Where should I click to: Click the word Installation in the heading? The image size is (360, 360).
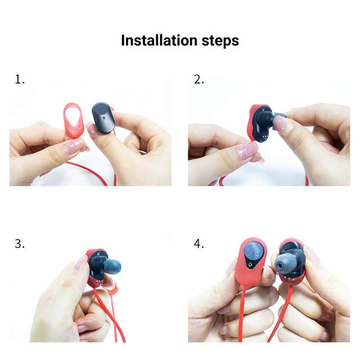tap(159, 40)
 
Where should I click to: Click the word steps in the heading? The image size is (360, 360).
tap(220, 41)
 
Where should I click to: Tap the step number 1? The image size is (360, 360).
tap(20, 79)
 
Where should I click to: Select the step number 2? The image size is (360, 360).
tap(199, 79)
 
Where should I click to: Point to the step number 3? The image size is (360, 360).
tap(20, 244)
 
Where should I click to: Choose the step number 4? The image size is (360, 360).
tap(199, 244)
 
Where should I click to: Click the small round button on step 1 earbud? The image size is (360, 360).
tap(105, 118)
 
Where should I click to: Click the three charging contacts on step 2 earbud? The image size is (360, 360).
tap(264, 136)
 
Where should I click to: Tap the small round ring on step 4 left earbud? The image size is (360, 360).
tap(250, 264)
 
